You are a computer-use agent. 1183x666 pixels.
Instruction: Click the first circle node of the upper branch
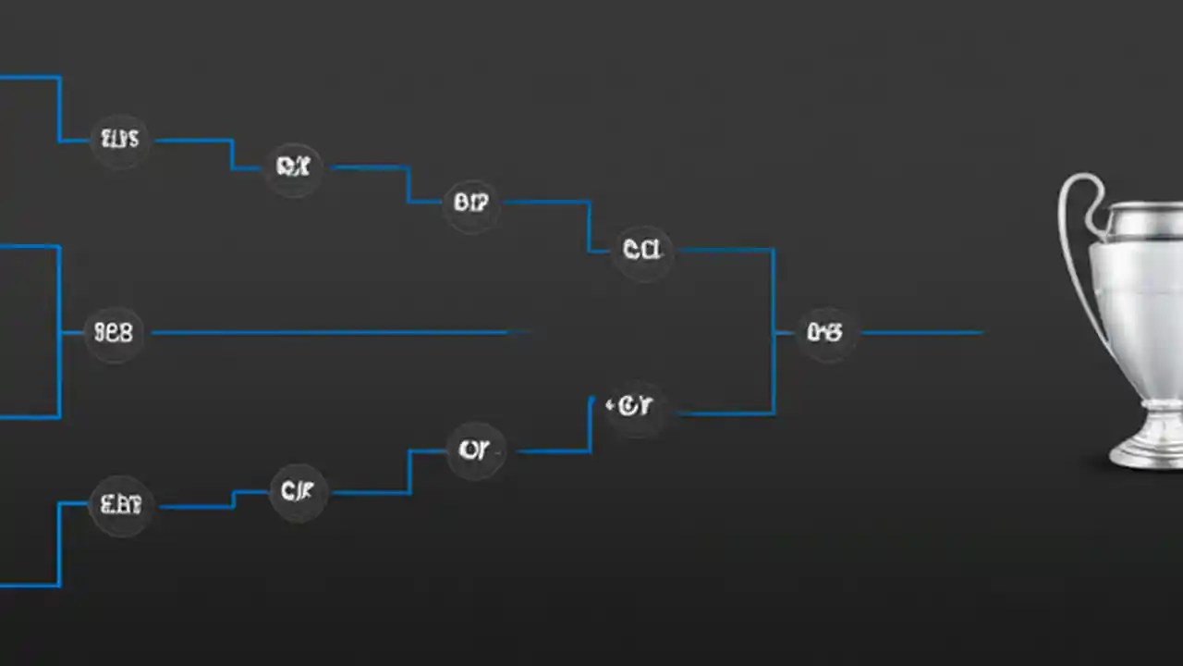[120, 140]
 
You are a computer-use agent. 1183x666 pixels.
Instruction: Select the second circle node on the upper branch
[293, 167]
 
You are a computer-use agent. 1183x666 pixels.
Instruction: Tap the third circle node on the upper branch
[471, 202]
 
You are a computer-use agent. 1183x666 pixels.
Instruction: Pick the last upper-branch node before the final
[642, 249]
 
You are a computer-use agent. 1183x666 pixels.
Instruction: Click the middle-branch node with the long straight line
[115, 332]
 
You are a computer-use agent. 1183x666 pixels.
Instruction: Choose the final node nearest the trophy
[824, 332]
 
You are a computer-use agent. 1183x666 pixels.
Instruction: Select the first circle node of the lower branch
[121, 505]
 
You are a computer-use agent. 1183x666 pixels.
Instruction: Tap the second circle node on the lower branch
[298, 491]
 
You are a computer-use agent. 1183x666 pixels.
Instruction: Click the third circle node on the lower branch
[475, 450]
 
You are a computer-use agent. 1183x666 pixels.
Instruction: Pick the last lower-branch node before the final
[633, 406]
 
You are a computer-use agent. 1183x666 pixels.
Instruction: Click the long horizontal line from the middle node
[333, 332]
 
